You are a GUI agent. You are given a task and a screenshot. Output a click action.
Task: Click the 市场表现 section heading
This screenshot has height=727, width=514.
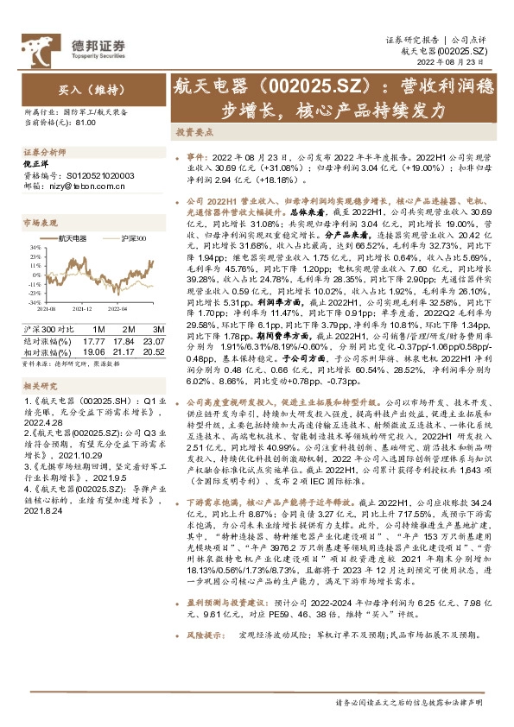point(40,222)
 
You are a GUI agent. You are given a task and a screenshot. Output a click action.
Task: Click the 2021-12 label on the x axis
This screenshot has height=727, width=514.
point(81,307)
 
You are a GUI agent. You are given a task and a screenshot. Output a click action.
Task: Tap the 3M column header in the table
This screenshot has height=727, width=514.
point(157,329)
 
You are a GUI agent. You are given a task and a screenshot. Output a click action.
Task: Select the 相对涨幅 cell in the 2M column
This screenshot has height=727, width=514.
point(130,351)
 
